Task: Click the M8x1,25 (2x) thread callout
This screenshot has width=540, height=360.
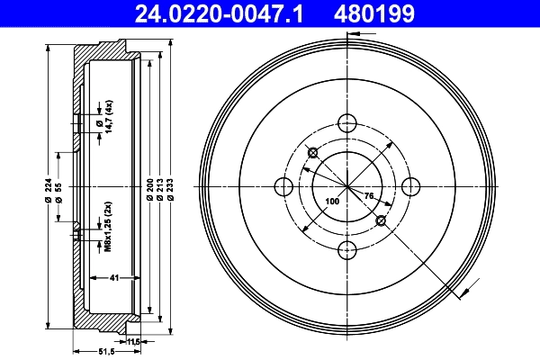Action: pyautogui.click(x=105, y=227)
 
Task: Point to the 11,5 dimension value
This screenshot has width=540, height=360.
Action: pyautogui.click(x=134, y=341)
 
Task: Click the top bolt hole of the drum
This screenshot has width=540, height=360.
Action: pyautogui.click(x=346, y=123)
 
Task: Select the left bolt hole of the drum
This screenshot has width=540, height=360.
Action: pyautogui.click(x=283, y=186)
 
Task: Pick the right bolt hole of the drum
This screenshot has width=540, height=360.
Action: pyautogui.click(x=410, y=186)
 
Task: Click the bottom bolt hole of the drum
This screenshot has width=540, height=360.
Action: pyautogui.click(x=346, y=250)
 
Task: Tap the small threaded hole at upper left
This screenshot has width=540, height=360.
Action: pyautogui.click(x=312, y=152)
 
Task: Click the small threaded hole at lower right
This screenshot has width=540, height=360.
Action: pyautogui.click(x=381, y=220)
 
